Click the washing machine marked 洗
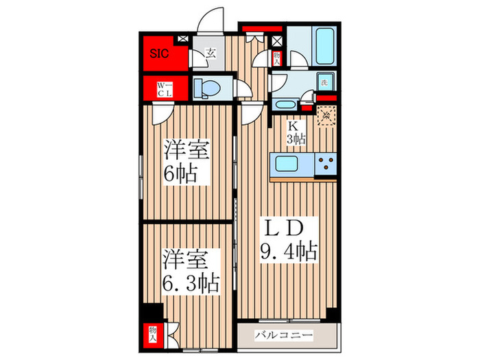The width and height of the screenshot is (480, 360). click(326, 83)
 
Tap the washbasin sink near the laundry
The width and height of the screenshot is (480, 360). click(285, 105)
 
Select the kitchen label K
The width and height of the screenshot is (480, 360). click(292, 125)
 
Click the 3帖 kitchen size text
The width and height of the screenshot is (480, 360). click(296, 139)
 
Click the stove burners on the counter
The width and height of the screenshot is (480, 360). click(325, 165)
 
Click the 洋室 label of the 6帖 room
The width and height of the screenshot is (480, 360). click(185, 149)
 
